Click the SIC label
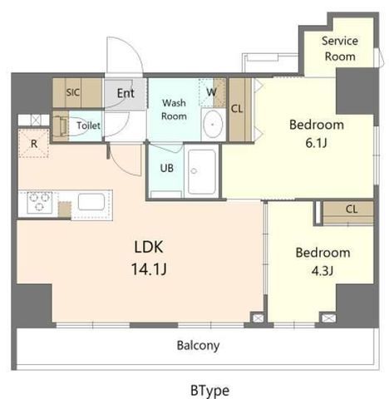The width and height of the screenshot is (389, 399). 73,92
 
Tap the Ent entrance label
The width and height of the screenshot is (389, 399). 126,93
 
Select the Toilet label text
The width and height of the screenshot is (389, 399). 88,126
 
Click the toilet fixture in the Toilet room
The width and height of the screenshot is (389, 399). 61,126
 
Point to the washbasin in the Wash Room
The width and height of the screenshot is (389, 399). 213,125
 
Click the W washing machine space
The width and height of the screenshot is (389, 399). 212,92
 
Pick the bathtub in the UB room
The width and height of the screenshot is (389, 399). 202,172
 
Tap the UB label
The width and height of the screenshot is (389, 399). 167,168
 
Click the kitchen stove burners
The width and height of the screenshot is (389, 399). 39,202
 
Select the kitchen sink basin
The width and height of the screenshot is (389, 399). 91,202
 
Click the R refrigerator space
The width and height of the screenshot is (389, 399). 34,144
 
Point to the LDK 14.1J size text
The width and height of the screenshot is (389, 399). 149,269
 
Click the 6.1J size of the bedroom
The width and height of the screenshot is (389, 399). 316,143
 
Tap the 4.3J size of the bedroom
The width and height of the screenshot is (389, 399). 323,271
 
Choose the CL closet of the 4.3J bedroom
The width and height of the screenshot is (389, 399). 348,213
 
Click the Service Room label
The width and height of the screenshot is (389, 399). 340,49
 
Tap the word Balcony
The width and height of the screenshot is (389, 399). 198,346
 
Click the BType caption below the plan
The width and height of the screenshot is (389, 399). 209,391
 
